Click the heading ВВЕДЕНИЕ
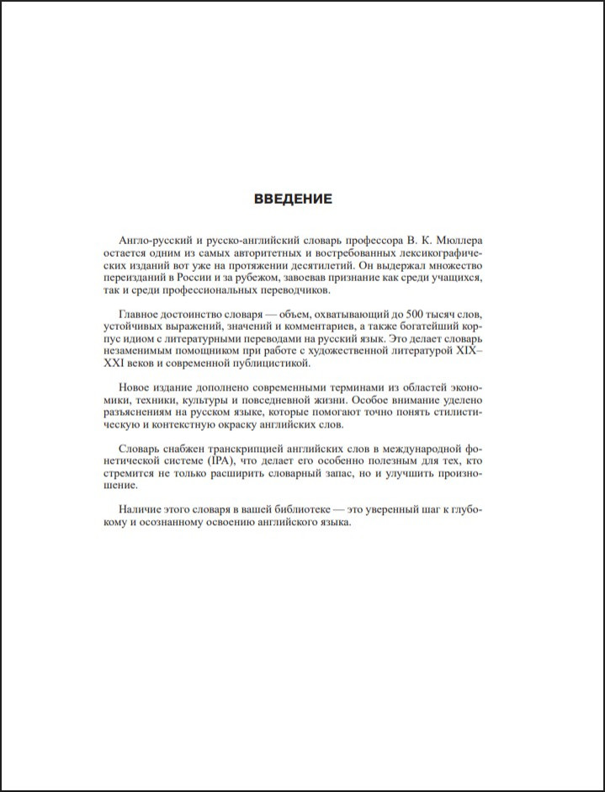(293, 199)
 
